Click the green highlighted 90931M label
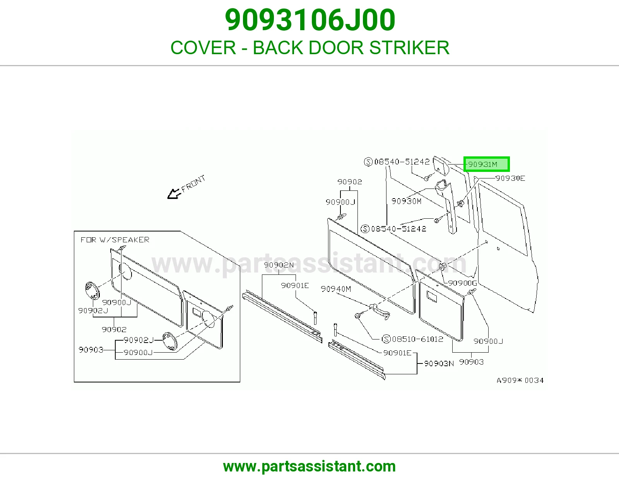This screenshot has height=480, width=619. pos(486,164)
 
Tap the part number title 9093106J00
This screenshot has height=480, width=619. pos(310,20)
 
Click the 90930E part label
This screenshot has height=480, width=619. pos(510,178)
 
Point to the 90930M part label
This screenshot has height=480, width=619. pos(406,201)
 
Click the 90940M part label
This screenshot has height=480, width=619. pos(336,289)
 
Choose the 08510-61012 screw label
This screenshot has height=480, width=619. pos(412,339)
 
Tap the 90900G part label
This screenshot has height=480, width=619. pos(462,283)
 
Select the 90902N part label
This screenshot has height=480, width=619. pos(279,265)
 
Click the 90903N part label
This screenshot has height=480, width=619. pos(439,363)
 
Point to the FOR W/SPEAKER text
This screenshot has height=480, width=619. pos(115,240)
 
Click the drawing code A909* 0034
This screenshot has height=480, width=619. pos(520,380)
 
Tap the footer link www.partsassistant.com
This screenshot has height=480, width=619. pos(309,466)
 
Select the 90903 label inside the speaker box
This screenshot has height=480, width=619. pos(91,350)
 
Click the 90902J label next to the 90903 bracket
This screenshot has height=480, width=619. pos(139,340)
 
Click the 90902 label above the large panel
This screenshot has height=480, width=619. pos(349,182)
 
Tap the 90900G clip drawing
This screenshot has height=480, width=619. pos(442,267)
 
